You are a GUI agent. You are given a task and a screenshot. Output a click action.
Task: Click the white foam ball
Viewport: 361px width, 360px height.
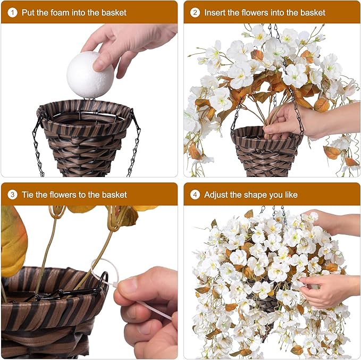(x=90, y=75)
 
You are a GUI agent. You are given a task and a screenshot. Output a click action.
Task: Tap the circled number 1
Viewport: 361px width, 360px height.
(x=12, y=12)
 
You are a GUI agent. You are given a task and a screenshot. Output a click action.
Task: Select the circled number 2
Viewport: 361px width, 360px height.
(x=195, y=12)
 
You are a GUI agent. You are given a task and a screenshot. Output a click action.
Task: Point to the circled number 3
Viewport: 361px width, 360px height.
(x=12, y=195)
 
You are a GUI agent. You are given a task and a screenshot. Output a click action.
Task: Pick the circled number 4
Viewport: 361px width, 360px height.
(x=195, y=195)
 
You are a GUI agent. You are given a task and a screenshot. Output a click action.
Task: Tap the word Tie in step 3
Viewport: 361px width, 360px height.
(x=28, y=195)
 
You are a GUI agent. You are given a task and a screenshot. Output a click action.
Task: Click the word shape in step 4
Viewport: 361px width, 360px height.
(x=256, y=195)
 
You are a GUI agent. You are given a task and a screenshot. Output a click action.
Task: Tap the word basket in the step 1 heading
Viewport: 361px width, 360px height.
(x=114, y=12)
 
